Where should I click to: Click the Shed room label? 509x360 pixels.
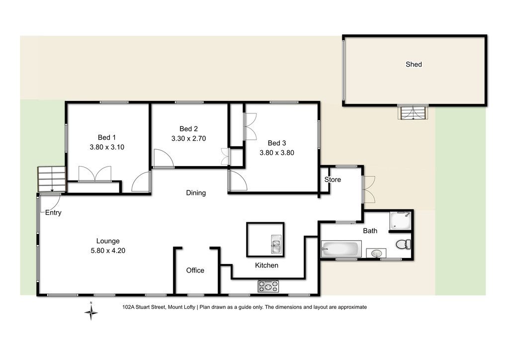[x=414, y=64]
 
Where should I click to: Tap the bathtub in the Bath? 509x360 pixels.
[x=341, y=249]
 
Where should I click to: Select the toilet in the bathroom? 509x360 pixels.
[x=403, y=245]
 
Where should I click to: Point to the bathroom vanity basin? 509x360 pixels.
[x=376, y=253]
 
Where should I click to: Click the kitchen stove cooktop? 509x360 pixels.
[x=268, y=286]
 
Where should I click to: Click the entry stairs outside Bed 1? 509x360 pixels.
[x=52, y=179]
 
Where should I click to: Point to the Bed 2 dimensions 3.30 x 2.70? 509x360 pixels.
[x=188, y=138]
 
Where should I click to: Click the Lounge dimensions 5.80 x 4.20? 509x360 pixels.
[x=108, y=251]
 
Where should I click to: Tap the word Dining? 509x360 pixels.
[x=196, y=193]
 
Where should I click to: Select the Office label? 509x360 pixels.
[x=195, y=270]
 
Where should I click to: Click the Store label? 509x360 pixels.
[x=333, y=180]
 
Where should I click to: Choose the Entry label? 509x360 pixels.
[x=53, y=213]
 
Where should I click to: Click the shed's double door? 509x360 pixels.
[x=413, y=112]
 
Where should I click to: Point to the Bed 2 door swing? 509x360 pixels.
[x=164, y=159]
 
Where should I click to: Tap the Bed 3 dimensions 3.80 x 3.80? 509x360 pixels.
[x=277, y=153]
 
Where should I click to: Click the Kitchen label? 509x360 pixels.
[x=266, y=266]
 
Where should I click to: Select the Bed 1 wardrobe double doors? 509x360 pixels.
[x=95, y=174]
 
